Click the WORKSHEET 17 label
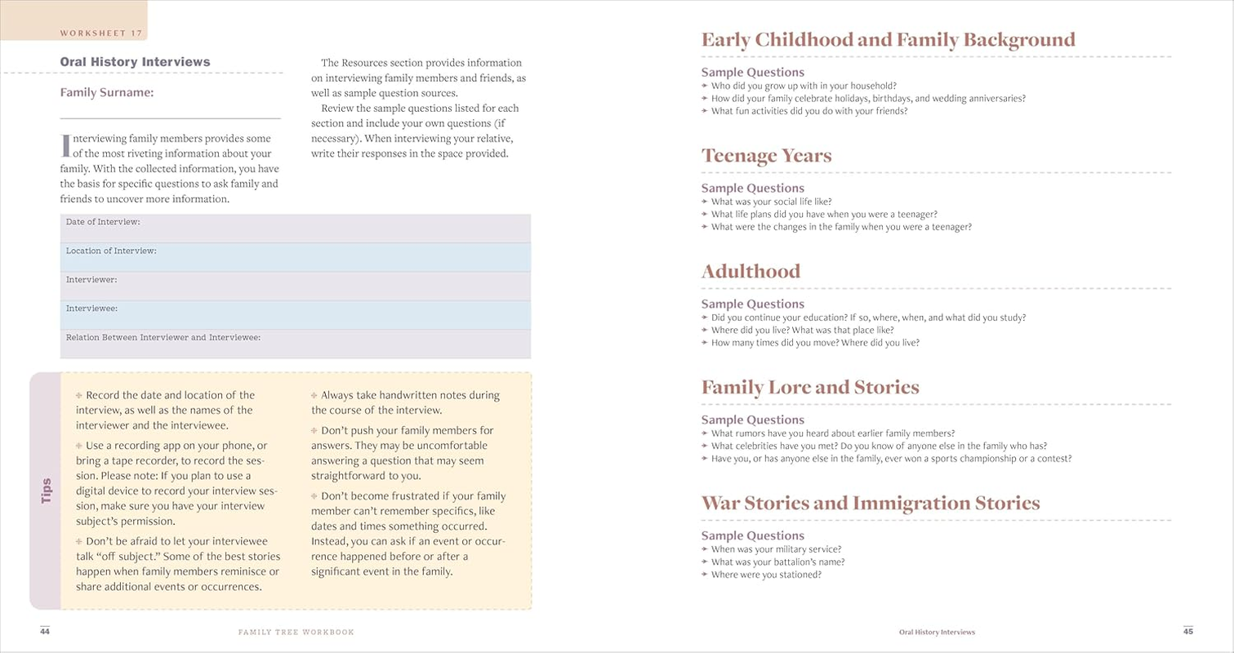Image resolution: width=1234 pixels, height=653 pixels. [x=102, y=33]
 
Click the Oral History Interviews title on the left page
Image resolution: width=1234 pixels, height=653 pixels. [x=135, y=62]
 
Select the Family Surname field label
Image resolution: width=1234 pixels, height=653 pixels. [x=106, y=92]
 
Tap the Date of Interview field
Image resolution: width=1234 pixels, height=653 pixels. [x=295, y=228]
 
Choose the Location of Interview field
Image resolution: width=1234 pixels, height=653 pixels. [x=295, y=256]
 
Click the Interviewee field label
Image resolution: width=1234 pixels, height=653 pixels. [x=91, y=309]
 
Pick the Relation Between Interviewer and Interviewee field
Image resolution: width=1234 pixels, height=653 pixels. [x=295, y=343]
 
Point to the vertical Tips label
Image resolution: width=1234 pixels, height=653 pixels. [x=46, y=491]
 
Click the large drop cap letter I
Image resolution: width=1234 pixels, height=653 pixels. [x=65, y=145]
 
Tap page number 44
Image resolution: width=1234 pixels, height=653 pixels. [x=45, y=631]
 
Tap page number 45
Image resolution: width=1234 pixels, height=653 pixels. [x=1188, y=631]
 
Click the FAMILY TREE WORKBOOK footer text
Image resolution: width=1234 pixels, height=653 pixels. [x=296, y=632]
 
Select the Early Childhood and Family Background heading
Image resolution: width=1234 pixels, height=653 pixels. [x=888, y=40]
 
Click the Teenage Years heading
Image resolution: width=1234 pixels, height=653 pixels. [x=766, y=156]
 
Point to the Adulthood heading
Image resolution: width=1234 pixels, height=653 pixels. [x=751, y=272]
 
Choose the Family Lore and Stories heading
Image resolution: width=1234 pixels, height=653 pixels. [x=809, y=388]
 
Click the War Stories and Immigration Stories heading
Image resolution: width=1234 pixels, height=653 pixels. [x=870, y=504]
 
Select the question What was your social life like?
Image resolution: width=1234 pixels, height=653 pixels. [x=771, y=202]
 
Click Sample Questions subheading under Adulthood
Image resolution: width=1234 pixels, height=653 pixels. [x=752, y=304]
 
